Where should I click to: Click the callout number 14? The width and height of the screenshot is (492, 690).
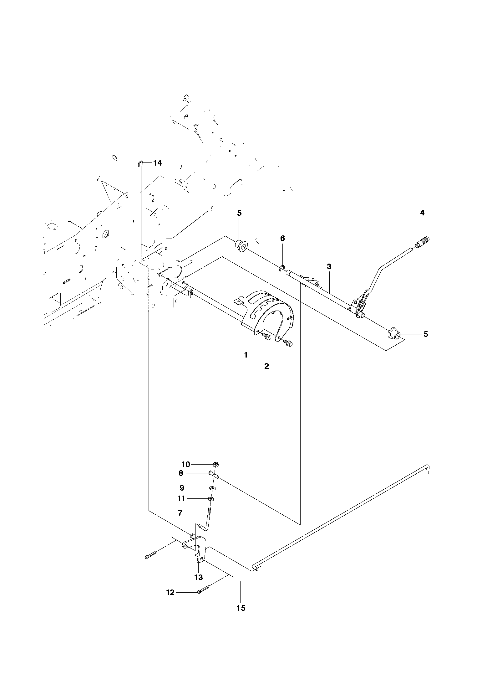pos(157,163)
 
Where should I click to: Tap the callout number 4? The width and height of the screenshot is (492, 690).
pos(422,213)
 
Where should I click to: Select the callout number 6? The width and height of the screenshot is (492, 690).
pos(282,238)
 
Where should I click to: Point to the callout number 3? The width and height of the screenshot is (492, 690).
pos(329,266)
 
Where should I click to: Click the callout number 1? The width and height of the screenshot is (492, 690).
pos(246,355)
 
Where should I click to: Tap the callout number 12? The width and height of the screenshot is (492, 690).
pos(170,592)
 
